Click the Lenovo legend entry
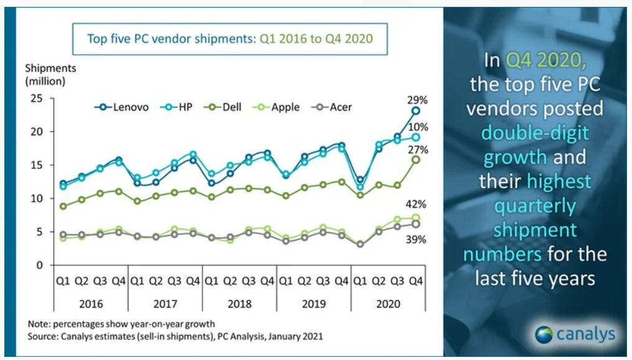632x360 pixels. [121, 107]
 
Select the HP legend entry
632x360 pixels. [177, 107]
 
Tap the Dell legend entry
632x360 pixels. [223, 107]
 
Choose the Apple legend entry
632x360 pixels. [276, 107]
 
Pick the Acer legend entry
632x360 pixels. [332, 107]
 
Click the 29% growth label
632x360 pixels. [417, 100]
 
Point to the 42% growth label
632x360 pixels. [415, 204]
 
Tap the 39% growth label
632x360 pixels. [415, 239]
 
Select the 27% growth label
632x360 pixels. [418, 150]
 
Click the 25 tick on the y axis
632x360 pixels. [36, 98]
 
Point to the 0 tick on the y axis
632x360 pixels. [39, 265]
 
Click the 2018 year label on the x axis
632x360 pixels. [240, 304]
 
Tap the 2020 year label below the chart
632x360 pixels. [388, 304]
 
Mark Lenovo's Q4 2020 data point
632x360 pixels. [415, 111]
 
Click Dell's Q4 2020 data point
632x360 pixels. [415, 159]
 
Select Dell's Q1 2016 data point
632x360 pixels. [64, 206]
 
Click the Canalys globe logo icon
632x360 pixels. [544, 334]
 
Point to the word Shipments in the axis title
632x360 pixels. [50, 68]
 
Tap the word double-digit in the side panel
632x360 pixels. [535, 133]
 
